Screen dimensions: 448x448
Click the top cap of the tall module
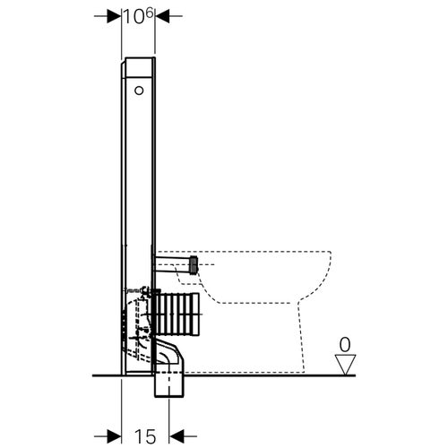point(139,64)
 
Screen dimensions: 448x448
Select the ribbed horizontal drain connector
point(180,313)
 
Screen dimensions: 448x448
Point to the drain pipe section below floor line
point(171,386)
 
